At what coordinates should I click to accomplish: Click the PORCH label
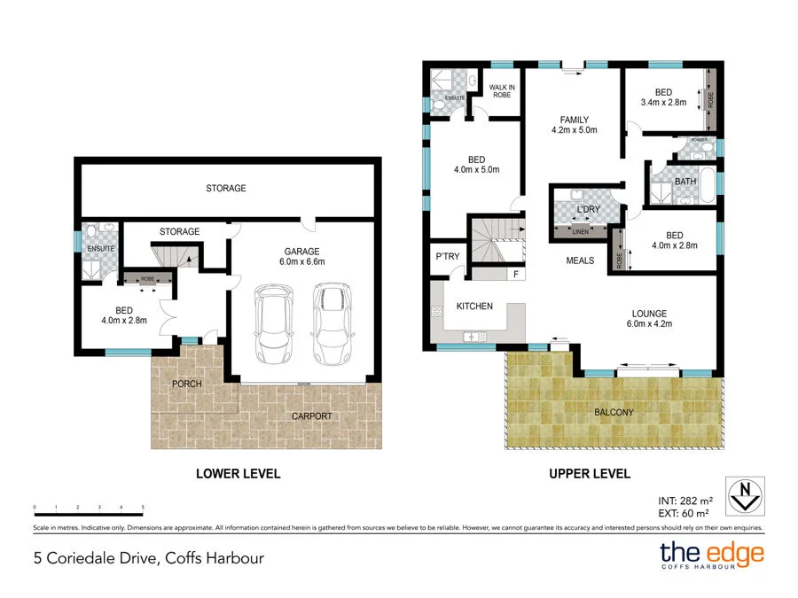[x=187, y=384]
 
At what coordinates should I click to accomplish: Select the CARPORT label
[x=311, y=415]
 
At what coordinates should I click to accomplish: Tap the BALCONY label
[x=614, y=412]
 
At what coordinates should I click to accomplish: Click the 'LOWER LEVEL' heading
[x=238, y=474]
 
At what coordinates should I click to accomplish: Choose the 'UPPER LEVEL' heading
[x=590, y=474]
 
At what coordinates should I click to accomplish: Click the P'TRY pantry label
[x=446, y=257]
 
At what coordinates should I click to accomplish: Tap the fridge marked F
[x=515, y=274]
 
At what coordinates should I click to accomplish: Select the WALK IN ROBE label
[x=503, y=89]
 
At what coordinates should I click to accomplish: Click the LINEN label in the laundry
[x=581, y=232]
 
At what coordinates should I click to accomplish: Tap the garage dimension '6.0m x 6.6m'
[x=301, y=261]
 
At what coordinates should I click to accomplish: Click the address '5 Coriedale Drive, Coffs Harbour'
[x=144, y=558]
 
